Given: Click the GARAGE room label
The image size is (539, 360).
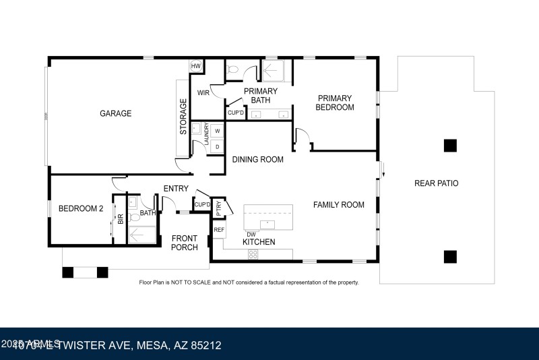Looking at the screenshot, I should [115, 113].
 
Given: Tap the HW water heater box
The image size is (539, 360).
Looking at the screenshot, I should [196, 65].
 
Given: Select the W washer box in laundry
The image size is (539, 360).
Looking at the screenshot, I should [217, 131].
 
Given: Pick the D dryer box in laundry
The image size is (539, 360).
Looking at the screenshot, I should [217, 146].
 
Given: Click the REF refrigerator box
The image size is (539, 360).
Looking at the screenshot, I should [218, 230].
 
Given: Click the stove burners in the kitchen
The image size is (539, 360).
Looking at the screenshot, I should [253, 254].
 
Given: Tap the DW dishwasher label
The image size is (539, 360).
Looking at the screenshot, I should [251, 234].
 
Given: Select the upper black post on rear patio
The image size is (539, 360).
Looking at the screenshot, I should [450, 145].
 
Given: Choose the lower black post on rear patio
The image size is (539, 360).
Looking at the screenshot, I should [450, 256].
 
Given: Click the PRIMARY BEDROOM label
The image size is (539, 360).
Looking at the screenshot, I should [336, 102].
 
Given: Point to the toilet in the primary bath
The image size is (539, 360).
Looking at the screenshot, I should [232, 69].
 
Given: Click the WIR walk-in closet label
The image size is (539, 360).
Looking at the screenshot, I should [202, 92].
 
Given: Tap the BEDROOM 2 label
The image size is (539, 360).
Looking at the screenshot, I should [80, 208].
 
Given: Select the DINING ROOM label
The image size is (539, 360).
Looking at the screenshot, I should [257, 160].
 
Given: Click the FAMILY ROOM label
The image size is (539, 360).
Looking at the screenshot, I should [338, 205].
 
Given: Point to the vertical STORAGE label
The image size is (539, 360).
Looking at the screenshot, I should [183, 117].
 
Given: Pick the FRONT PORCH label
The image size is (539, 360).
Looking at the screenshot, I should [185, 243].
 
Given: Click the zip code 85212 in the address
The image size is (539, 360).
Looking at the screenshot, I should [205, 345].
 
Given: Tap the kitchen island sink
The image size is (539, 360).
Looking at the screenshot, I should [267, 222].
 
